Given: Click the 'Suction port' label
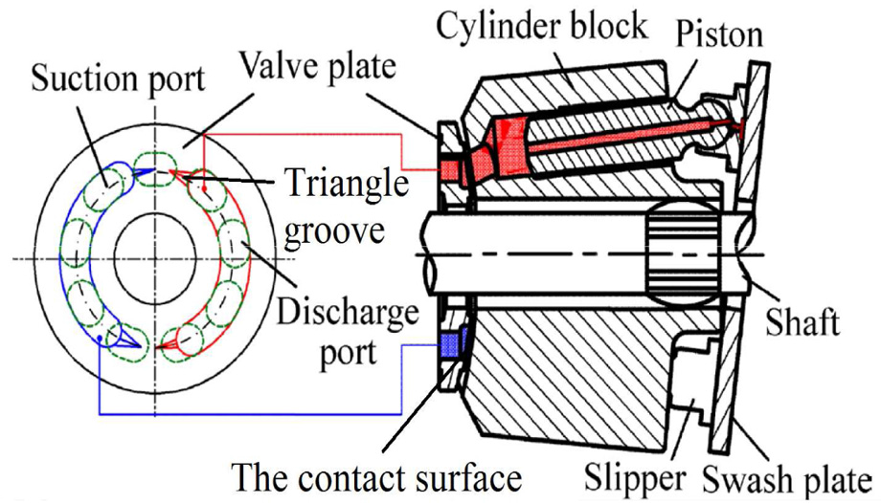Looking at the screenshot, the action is click(x=118, y=79).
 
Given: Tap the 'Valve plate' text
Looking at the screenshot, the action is click(x=318, y=66).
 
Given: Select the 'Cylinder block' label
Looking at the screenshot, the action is click(x=542, y=26).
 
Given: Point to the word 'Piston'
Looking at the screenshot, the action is click(x=719, y=34).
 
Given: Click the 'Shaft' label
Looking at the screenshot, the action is click(x=802, y=321).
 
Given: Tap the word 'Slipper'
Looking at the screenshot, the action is click(x=635, y=479).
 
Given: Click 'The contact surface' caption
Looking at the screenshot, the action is click(x=377, y=478).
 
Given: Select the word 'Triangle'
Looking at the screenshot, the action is click(x=347, y=184).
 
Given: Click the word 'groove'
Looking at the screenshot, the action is click(x=334, y=230).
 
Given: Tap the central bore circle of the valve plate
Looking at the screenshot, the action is click(x=155, y=257).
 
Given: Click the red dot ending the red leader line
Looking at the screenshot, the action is click(x=205, y=188).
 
